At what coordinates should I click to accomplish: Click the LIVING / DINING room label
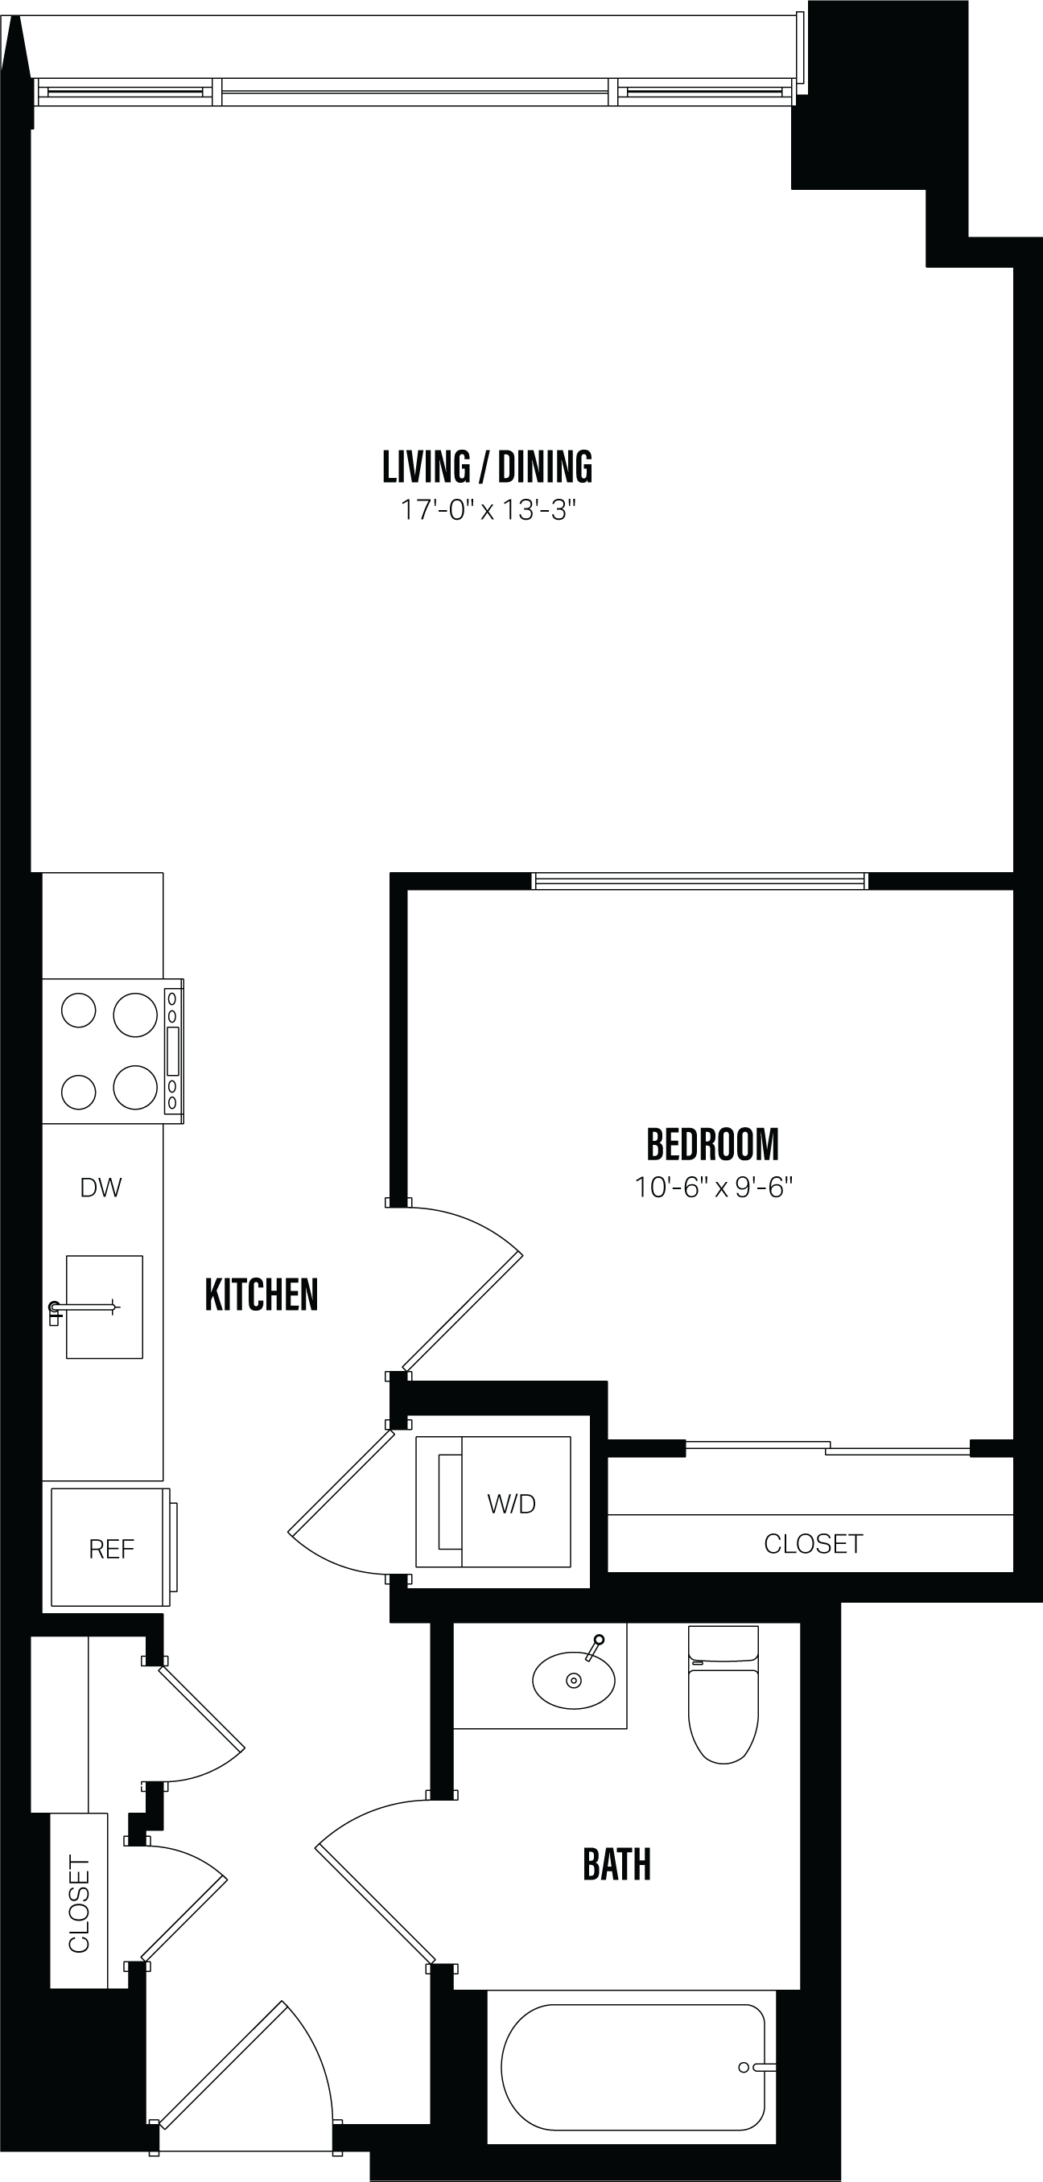coord(487,467)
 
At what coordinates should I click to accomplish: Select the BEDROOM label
coord(712,1144)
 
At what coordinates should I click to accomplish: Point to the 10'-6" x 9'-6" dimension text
coord(712,1188)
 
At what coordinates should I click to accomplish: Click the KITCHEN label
coord(261,1295)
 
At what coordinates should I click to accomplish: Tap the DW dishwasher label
coord(101,1188)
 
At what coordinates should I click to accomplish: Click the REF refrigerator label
coord(111,1550)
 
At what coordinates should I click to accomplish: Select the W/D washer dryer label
coord(511,1504)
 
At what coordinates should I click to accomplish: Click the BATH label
coord(616,1864)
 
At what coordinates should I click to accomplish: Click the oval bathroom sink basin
coord(574,1681)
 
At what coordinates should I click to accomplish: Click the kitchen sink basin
coord(104,1307)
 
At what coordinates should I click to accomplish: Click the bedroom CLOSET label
coord(813,1544)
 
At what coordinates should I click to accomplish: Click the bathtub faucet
coord(757,2067)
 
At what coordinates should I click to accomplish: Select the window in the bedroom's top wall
coord(700,881)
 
